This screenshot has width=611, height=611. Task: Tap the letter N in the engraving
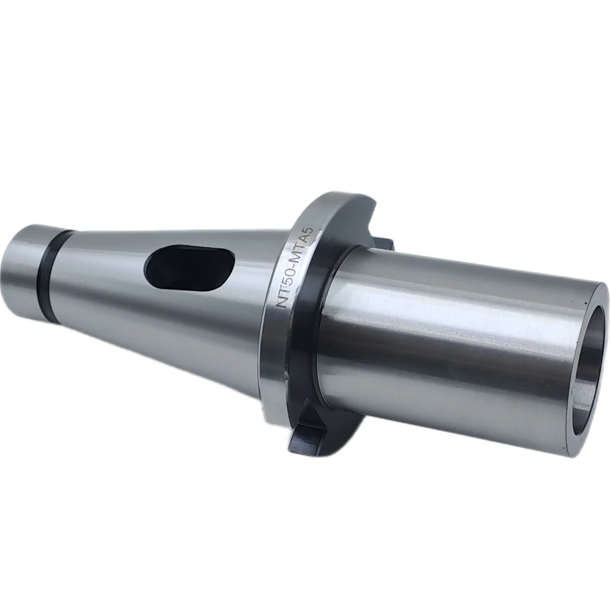282,307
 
